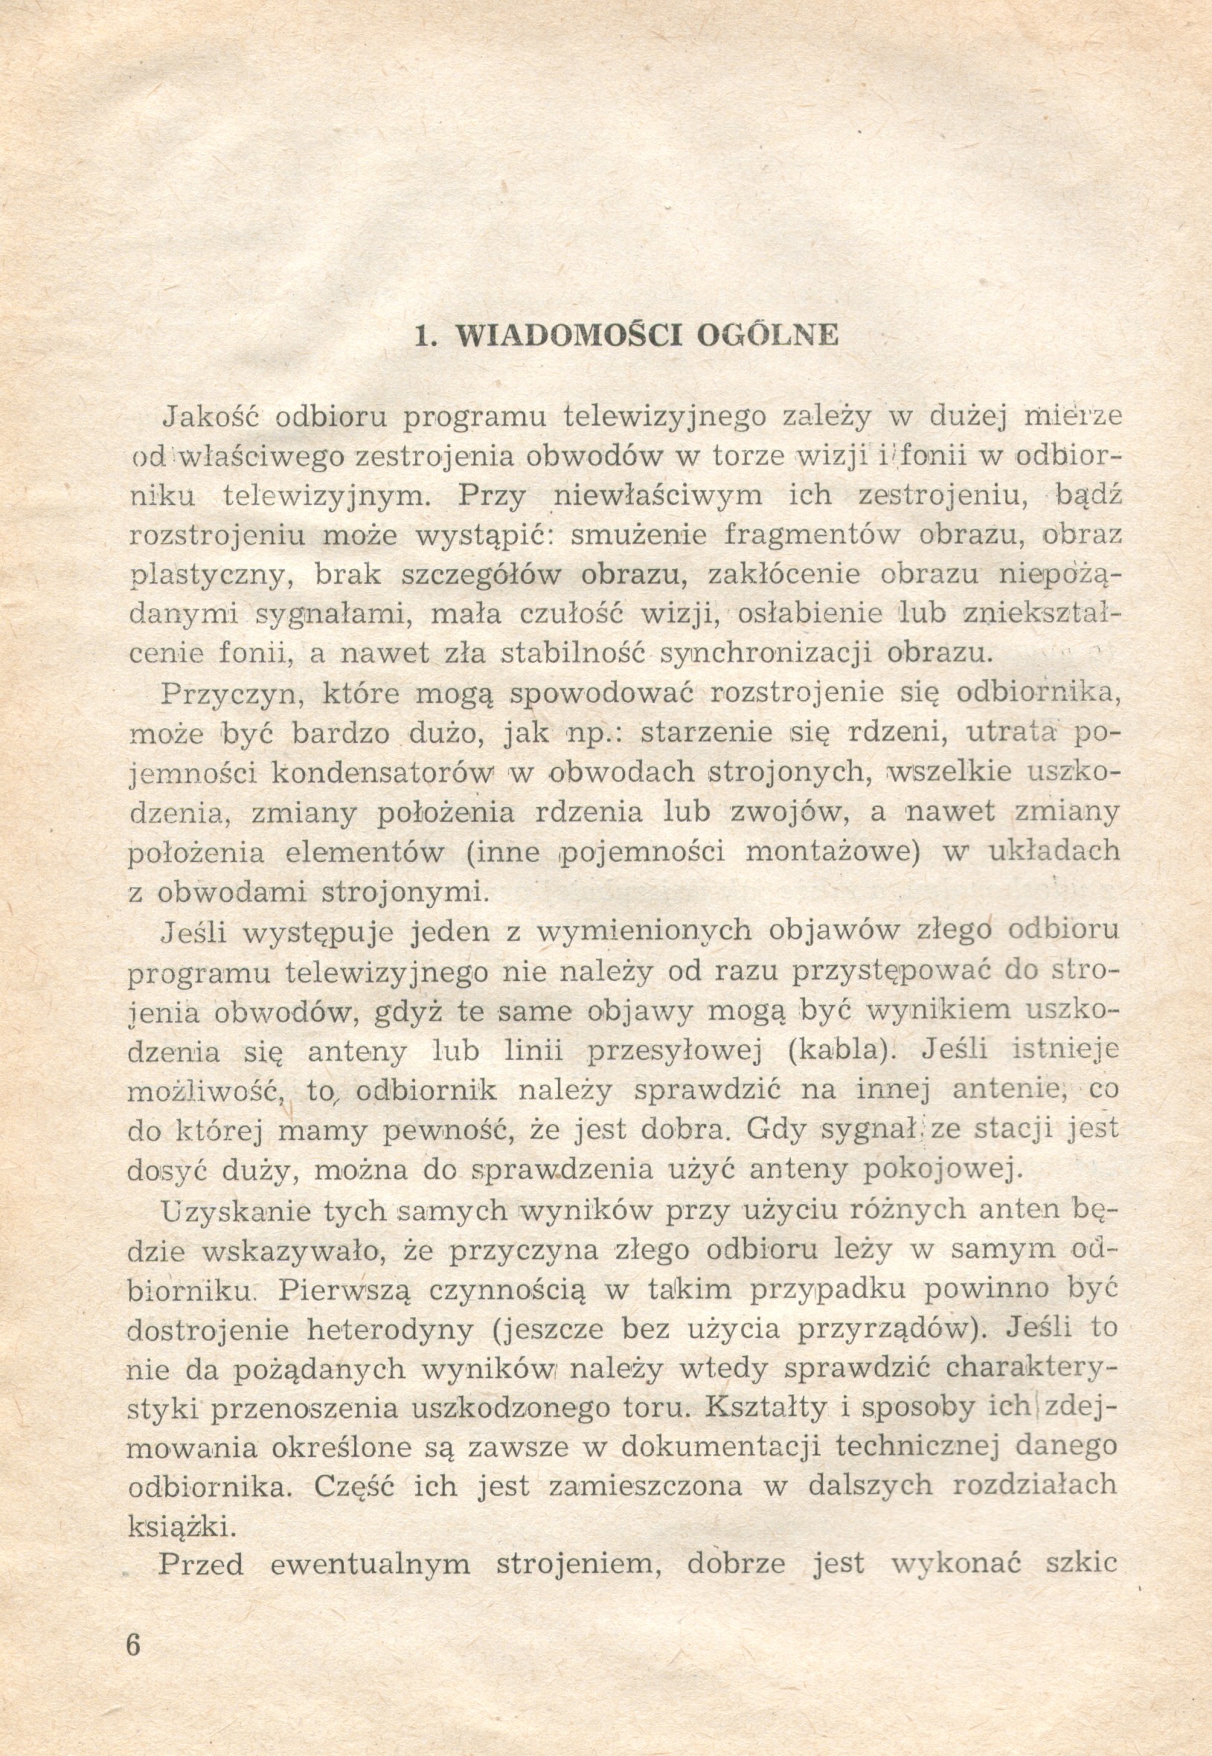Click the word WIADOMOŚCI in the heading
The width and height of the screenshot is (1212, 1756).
[568, 335]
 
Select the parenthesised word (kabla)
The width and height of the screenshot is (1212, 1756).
[834, 1052]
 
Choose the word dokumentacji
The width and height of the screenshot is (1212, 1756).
[720, 1448]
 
